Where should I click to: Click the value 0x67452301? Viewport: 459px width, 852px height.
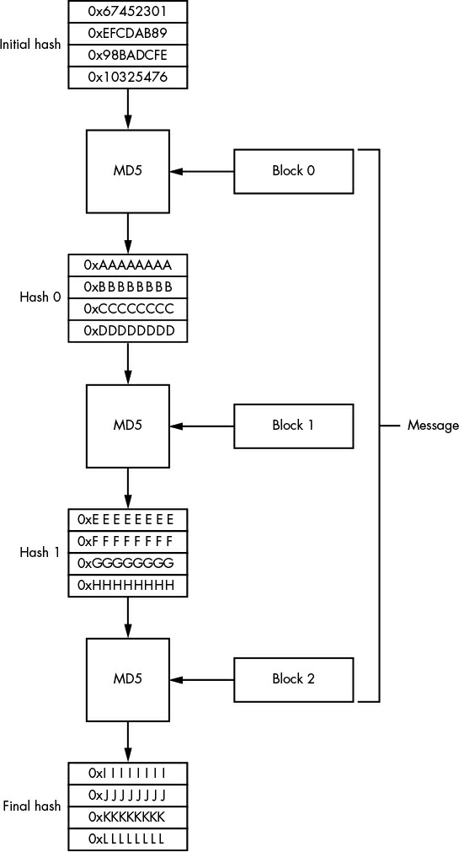(x=128, y=11)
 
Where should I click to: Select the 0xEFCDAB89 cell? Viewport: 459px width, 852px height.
(x=128, y=33)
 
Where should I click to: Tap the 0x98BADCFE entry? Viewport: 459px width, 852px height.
(x=128, y=56)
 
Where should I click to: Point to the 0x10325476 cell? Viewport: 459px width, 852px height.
(x=128, y=78)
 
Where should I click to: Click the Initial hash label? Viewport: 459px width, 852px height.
(x=30, y=45)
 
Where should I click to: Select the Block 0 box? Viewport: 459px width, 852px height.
(x=293, y=171)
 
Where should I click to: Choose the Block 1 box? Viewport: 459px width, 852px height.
(x=293, y=426)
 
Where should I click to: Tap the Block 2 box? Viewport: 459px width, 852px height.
(x=293, y=679)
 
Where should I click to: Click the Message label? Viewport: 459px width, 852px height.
(x=433, y=426)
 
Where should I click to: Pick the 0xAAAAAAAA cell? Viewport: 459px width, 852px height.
(x=128, y=265)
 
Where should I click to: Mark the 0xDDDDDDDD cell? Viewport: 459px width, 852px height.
(x=128, y=331)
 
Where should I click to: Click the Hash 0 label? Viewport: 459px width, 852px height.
(x=40, y=297)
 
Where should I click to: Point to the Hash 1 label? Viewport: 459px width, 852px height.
(x=40, y=553)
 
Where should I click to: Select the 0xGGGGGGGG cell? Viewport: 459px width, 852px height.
(x=128, y=564)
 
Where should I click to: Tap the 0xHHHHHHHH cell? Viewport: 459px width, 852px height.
(x=128, y=586)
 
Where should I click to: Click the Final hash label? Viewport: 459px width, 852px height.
(x=32, y=806)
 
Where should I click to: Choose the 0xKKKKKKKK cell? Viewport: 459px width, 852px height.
(x=128, y=817)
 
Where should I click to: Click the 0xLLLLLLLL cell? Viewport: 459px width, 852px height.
(x=128, y=839)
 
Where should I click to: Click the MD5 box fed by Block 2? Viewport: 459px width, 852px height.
(x=128, y=679)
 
